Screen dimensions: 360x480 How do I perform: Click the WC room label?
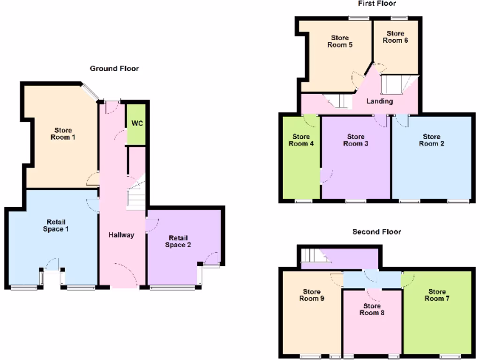(136, 124)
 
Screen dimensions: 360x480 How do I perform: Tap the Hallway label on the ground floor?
(121, 235)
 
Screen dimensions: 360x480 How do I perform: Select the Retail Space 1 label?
(56, 225)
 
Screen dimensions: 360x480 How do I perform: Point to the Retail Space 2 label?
(180, 241)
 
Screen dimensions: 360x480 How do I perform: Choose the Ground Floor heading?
(114, 68)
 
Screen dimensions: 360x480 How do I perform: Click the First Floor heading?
(377, 4)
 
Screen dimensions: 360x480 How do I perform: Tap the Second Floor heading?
(376, 232)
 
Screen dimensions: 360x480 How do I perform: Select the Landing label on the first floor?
(379, 101)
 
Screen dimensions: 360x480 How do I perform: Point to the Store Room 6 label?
(395, 37)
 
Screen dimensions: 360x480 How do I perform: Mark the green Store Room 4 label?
(301, 140)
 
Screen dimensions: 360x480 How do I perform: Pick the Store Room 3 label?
(355, 140)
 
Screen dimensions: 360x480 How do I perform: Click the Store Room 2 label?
(431, 140)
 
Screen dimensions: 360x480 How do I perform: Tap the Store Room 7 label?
(437, 295)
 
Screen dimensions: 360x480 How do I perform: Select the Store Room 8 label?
(372, 309)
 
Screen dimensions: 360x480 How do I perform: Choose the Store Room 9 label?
(312, 295)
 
